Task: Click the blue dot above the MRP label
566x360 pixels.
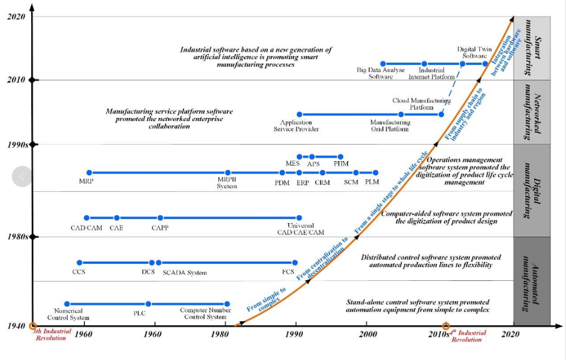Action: point(89,173)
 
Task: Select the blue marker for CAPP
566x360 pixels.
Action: point(160,218)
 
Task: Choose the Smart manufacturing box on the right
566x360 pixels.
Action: point(532,48)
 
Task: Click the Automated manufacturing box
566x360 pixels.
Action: point(532,281)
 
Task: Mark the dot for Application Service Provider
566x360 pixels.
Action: point(299,114)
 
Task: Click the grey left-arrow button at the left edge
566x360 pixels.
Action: point(22,176)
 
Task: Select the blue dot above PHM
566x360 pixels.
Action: point(341,157)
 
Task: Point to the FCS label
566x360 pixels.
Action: point(288,272)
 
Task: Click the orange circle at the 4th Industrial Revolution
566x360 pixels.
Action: point(446,326)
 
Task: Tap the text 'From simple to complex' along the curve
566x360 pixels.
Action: point(267,299)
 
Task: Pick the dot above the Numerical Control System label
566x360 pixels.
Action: point(67,304)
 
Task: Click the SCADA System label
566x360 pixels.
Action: point(185,273)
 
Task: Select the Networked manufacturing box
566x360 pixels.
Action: point(532,112)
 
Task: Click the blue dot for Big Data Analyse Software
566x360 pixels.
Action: point(382,64)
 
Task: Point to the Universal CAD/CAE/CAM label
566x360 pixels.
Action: point(300,229)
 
